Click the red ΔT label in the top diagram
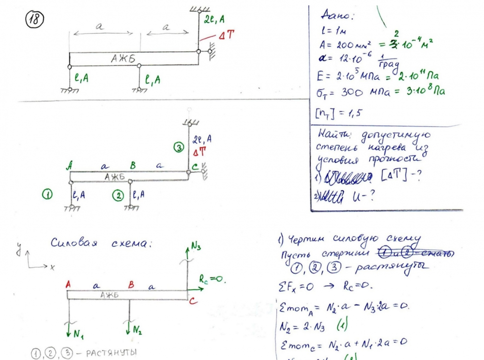point(226,35)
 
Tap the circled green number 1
point(47,195)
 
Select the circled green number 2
point(117,195)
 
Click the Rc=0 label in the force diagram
point(213,279)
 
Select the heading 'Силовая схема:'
point(102,244)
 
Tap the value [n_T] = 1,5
point(339,114)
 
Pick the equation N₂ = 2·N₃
point(307,324)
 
